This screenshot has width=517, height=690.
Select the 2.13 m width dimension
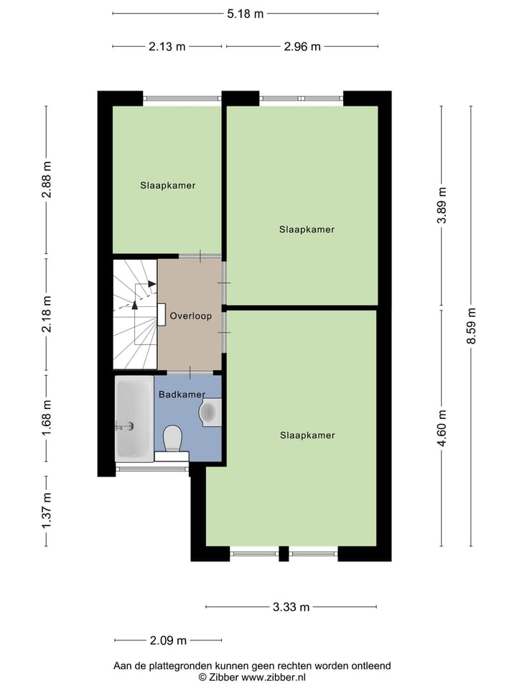[x=167, y=47]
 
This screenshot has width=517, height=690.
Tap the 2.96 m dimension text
[x=302, y=47]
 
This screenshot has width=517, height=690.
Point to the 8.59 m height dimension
[x=471, y=326]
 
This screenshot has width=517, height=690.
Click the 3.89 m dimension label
[x=442, y=206]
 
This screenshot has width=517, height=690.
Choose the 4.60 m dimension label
[x=442, y=428]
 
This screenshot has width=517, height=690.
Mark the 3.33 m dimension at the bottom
[x=291, y=607]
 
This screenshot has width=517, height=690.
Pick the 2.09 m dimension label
[x=168, y=640]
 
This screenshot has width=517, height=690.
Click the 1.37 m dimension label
[x=47, y=511]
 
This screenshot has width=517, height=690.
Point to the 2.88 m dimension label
[x=47, y=179]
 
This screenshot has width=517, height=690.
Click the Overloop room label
[x=190, y=316]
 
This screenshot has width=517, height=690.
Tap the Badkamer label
[x=182, y=395]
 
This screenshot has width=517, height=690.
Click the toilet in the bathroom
[x=172, y=438]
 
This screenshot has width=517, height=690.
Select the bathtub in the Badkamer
[x=134, y=419]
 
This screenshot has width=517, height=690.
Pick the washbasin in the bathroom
[x=210, y=412]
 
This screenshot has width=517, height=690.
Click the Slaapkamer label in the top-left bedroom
[x=167, y=185]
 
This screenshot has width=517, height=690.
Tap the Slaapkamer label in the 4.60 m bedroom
[x=307, y=436]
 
